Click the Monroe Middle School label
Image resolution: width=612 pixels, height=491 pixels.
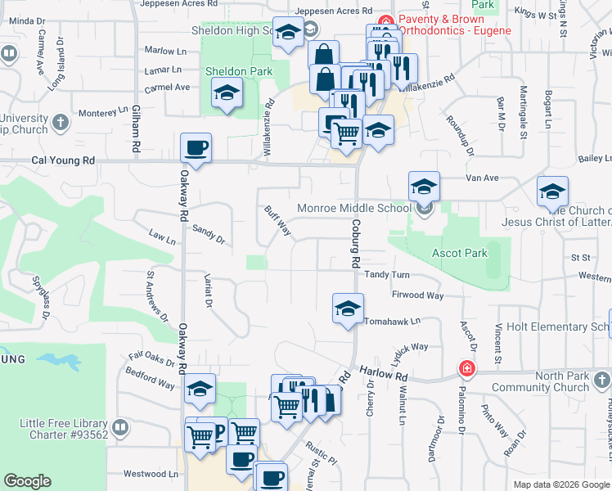click(353, 208)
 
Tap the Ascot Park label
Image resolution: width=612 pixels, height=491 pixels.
click(460, 253)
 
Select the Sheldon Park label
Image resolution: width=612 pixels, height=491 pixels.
click(238, 71)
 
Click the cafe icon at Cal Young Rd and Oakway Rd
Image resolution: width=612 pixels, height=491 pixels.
click(196, 149)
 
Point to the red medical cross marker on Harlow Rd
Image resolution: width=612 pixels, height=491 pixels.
click(466, 369)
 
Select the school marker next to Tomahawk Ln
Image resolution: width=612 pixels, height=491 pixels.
click(348, 309)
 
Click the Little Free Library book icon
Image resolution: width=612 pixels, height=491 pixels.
click(120, 426)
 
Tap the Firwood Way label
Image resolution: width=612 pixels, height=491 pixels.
click(417, 295)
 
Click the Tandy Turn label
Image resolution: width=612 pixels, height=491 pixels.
click(386, 275)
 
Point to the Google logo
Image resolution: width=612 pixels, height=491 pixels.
click(27, 481)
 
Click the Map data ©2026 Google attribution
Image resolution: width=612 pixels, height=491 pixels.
click(560, 484)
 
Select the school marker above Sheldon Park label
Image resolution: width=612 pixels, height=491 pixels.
click(227, 93)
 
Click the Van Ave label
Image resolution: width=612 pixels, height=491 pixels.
click(481, 177)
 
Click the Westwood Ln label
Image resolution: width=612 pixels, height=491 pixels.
click(150, 474)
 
